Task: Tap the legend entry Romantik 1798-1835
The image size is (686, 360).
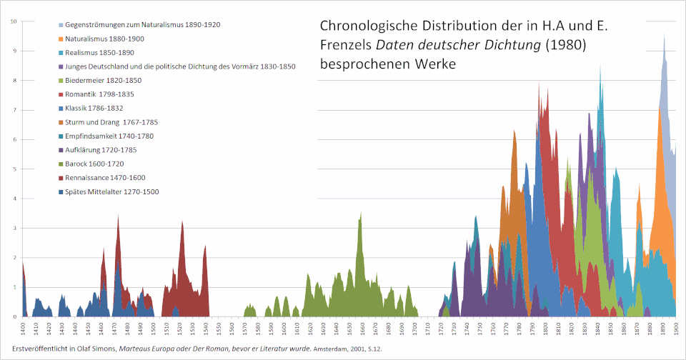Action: (99, 94)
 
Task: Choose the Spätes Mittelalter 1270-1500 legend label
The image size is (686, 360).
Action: (111, 191)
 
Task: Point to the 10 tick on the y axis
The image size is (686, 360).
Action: (14, 21)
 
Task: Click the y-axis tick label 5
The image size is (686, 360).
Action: (15, 169)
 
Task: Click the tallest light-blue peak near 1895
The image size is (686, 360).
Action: (664, 39)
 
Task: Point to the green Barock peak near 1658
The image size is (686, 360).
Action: (361, 214)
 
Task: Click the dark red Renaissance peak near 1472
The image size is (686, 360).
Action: (118, 217)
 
